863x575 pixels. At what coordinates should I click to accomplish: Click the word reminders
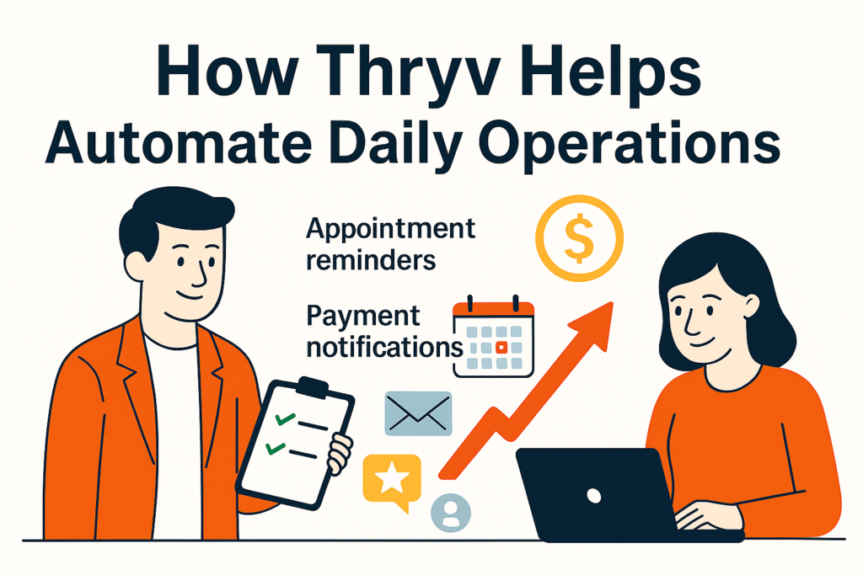pos(371,259)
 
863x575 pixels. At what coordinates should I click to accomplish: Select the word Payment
pos(362,317)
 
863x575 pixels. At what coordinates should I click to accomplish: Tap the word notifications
pos(384,348)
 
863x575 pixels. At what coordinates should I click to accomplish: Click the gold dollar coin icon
pos(579,238)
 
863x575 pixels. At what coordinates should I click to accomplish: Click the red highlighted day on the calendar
pos(501,348)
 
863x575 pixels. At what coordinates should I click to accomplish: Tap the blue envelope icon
pos(418,413)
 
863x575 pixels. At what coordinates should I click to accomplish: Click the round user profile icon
pos(451,513)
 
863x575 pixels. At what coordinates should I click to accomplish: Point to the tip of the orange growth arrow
pos(612,301)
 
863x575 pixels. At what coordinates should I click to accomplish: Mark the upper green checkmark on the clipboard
pos(285,419)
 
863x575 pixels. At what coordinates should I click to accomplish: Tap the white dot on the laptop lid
pos(594,495)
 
